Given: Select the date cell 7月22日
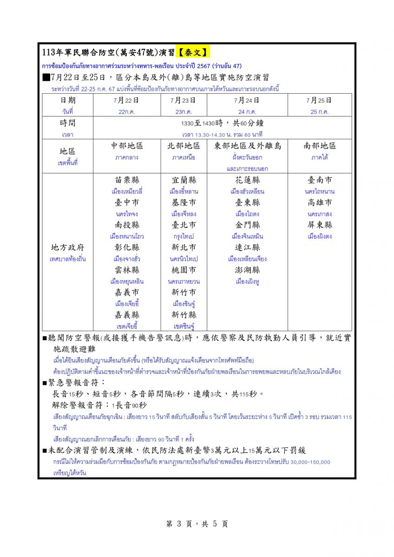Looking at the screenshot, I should [x=127, y=100].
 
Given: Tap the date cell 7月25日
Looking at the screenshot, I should [x=319, y=100].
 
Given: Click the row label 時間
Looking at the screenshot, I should [x=67, y=123].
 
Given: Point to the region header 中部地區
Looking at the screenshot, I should [x=127, y=146].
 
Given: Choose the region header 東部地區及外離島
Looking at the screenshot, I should [x=247, y=146].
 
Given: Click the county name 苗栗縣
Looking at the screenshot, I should [x=127, y=180].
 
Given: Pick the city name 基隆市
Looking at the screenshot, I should [x=184, y=203].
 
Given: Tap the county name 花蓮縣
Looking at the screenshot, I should [x=247, y=180].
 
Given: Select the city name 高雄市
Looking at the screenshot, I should [x=319, y=203].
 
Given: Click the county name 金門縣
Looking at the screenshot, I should [x=247, y=225].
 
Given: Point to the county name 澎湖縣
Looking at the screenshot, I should [x=247, y=270].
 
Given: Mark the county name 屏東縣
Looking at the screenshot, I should [x=319, y=225].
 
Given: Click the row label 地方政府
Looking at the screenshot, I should [x=67, y=247].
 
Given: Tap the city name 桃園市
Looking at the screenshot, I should [x=184, y=270].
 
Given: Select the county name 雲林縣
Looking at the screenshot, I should [x=127, y=270].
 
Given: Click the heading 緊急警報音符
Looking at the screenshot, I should [x=77, y=383].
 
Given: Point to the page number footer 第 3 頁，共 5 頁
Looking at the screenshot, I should [x=197, y=524].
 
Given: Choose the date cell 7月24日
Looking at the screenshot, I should [x=247, y=100].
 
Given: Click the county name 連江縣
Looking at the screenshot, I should [x=247, y=247].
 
